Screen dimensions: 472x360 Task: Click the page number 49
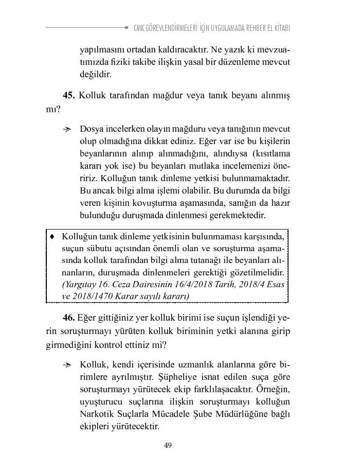168,445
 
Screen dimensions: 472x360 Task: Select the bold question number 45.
69,95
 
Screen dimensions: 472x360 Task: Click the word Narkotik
97,414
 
